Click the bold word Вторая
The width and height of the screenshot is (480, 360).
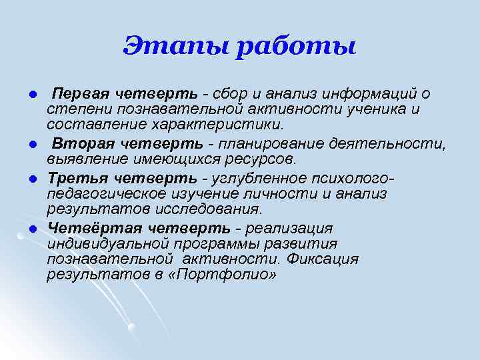tap(78, 143)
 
